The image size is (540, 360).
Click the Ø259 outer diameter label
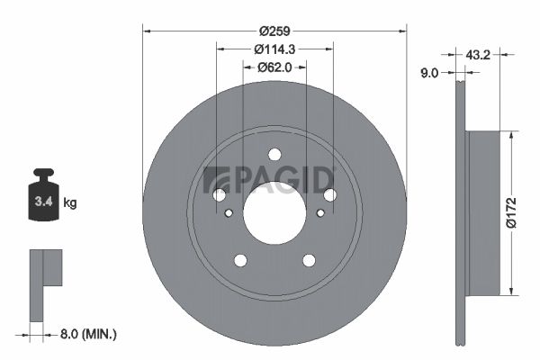pyautogui.click(x=274, y=31)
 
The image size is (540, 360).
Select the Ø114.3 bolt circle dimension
pyautogui.click(x=274, y=49)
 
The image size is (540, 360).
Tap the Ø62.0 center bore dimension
pyautogui.click(x=274, y=67)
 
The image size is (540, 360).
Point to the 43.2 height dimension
pyautogui.click(x=478, y=54)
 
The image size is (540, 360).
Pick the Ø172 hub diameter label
pyautogui.click(x=512, y=213)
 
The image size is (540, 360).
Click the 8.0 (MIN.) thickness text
pyautogui.click(x=88, y=334)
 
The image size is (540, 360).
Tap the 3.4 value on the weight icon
pyautogui.click(x=44, y=202)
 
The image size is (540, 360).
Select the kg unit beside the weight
pyautogui.click(x=70, y=202)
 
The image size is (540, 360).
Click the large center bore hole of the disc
pyautogui.click(x=274, y=213)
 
